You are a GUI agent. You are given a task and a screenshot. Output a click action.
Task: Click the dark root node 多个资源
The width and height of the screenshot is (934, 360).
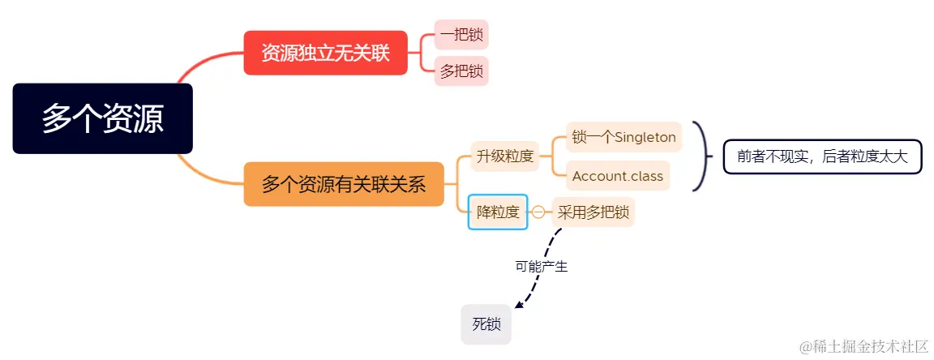click(x=103, y=118)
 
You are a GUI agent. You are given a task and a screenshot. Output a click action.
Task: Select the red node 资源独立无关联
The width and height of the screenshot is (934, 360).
click(x=325, y=54)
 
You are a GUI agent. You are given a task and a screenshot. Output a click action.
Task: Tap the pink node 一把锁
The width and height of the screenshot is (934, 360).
click(x=461, y=35)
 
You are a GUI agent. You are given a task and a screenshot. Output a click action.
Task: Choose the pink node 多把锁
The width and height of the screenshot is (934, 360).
click(x=461, y=71)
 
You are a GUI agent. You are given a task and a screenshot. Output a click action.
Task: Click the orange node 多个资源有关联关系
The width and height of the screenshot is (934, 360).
click(x=344, y=184)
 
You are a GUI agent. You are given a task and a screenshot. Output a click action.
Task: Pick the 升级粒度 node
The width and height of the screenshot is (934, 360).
click(x=504, y=156)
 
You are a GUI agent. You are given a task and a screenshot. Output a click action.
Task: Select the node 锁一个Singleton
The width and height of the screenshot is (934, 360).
click(x=623, y=137)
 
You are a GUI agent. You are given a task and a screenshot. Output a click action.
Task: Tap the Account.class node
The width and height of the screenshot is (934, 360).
click(x=617, y=176)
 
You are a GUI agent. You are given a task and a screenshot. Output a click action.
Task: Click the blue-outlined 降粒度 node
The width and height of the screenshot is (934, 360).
click(x=498, y=212)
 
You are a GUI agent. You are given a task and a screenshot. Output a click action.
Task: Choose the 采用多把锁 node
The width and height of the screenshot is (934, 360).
click(x=593, y=212)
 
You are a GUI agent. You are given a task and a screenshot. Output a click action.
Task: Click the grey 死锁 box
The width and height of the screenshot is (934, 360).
click(x=486, y=324)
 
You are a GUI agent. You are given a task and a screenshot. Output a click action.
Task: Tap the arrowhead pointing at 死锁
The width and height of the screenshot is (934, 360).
click(x=519, y=306)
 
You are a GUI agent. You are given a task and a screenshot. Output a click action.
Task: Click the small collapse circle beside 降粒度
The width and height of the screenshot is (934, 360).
click(x=538, y=212)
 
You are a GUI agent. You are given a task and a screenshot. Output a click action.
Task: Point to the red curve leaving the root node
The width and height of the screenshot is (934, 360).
click(x=203, y=62)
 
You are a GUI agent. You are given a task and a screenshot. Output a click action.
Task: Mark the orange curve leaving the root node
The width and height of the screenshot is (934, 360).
click(x=203, y=173)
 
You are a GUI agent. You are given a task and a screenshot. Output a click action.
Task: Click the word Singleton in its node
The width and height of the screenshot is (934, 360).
click(x=645, y=137)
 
